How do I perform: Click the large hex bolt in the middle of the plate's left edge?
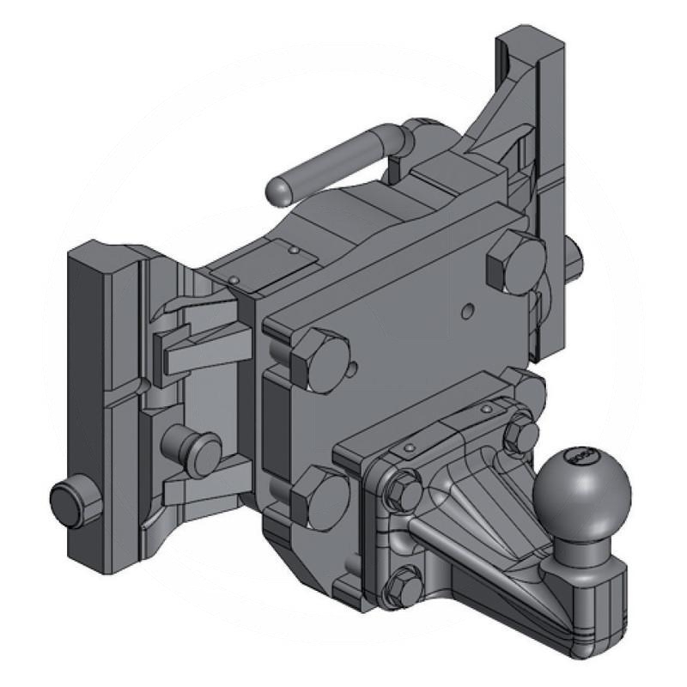click(319, 358)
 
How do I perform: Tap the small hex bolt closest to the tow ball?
click(520, 433)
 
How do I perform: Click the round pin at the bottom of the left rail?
click(76, 502)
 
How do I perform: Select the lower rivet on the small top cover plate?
click(233, 279)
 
